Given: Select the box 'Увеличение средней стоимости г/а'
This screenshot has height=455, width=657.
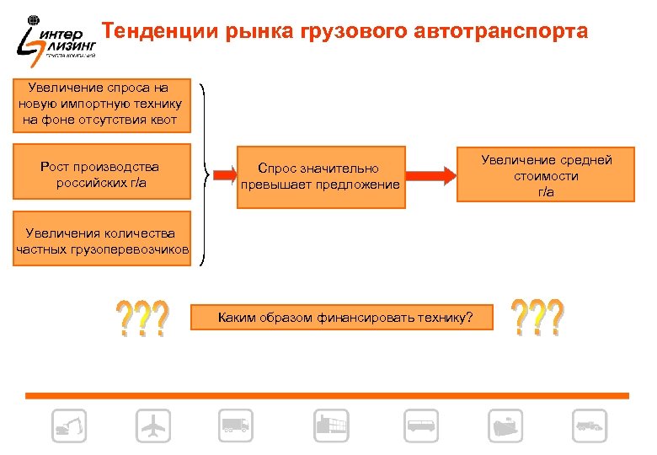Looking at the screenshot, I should click(x=547, y=176).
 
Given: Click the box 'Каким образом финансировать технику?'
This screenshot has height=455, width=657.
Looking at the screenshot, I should click(x=345, y=318).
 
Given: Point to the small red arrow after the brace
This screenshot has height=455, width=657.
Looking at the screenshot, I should click(x=222, y=175).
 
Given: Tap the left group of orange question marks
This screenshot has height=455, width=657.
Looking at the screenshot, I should click(x=142, y=318).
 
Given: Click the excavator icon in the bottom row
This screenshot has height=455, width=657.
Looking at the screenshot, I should click(x=68, y=426).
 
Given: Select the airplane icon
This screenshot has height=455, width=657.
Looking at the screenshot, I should click(x=153, y=426).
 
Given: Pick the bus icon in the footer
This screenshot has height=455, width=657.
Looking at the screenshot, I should click(x=421, y=426).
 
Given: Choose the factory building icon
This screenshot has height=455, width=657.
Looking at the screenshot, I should click(x=330, y=426).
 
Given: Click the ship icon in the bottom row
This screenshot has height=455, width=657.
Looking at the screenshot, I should click(x=505, y=426).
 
